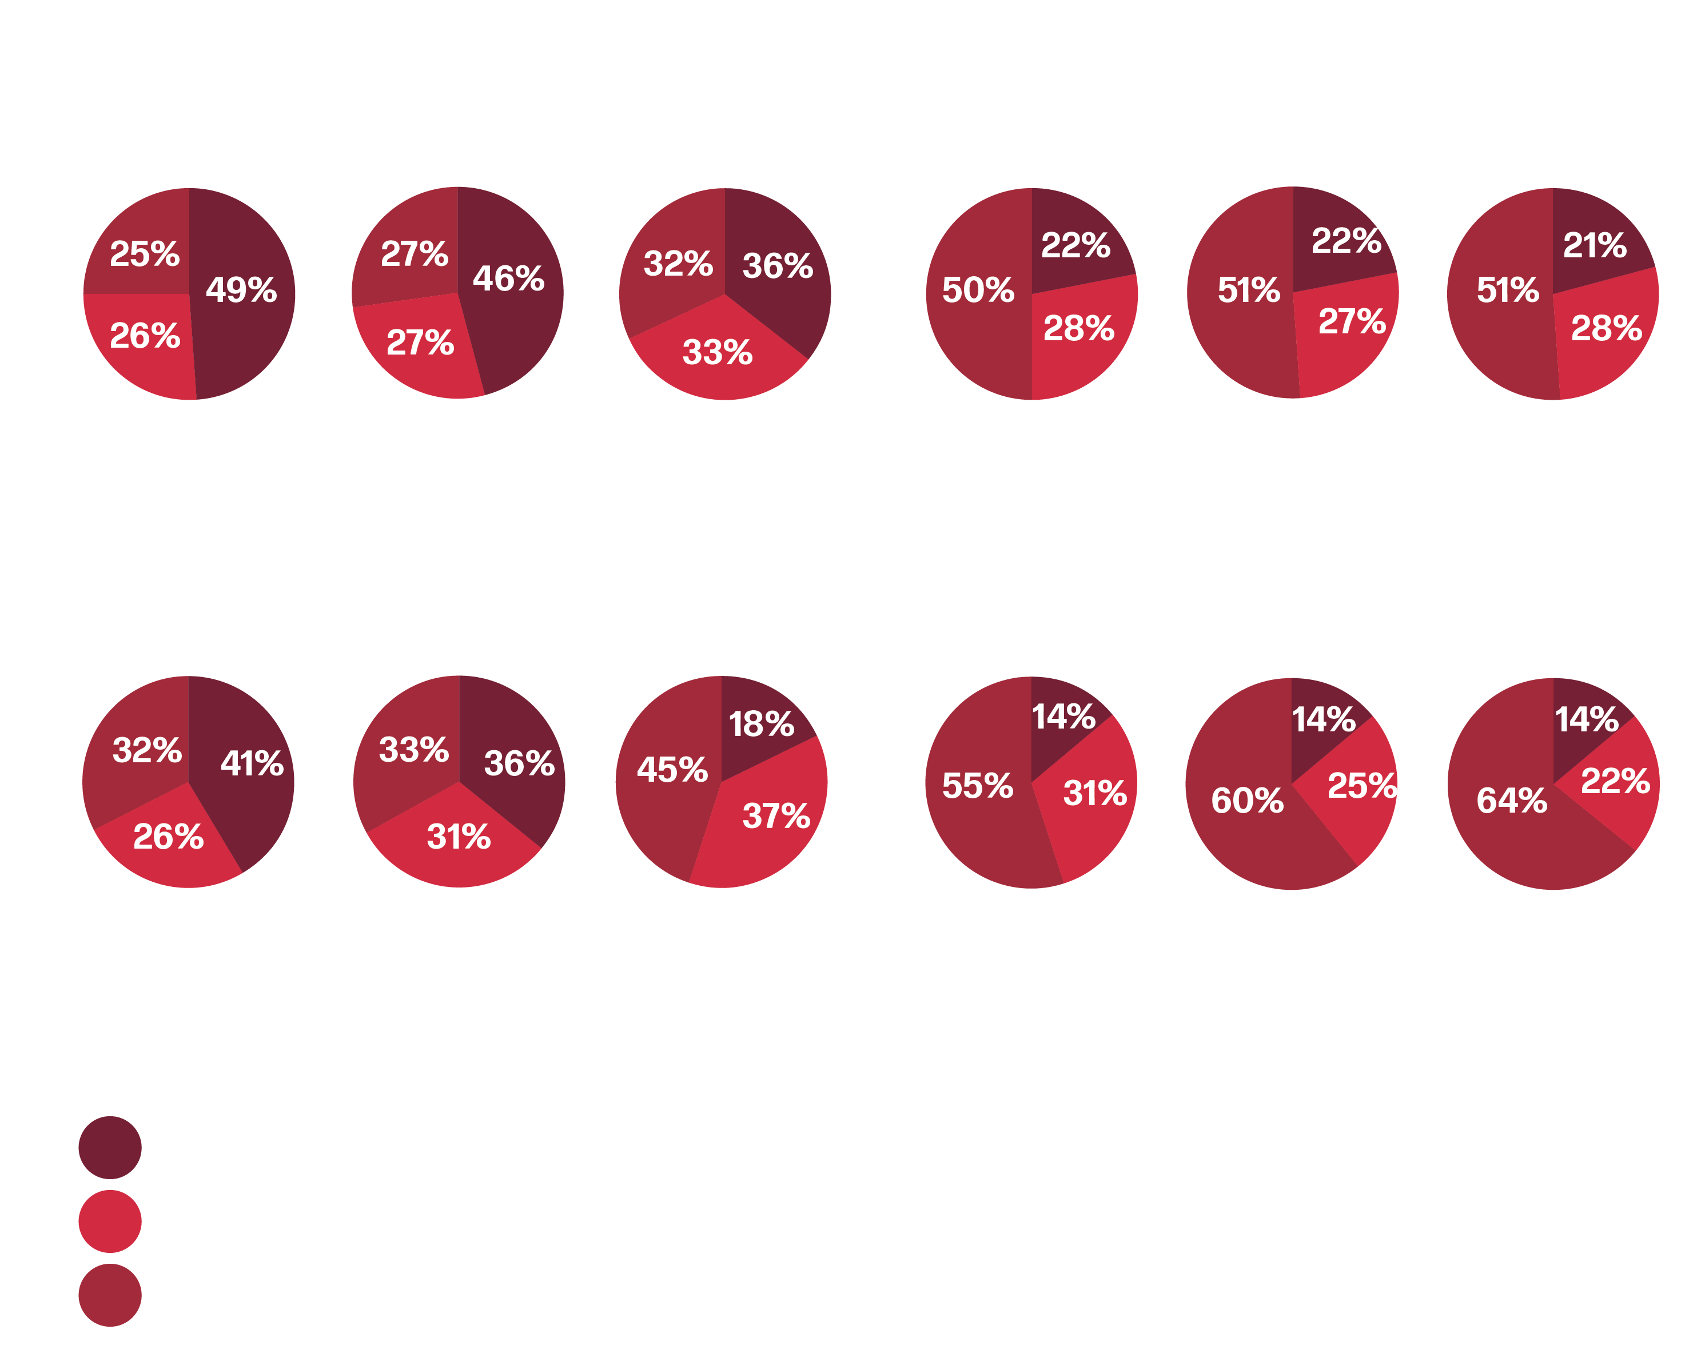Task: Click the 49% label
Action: coord(241,290)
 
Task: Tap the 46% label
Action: coord(509,278)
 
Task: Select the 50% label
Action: coord(978,290)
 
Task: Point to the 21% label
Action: coord(1595,245)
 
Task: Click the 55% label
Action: coord(978,786)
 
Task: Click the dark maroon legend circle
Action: coord(110,1147)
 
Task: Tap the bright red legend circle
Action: coord(110,1221)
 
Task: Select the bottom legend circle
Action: coord(110,1296)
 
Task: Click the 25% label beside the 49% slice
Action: coord(145,254)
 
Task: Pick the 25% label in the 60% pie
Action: coord(1362,786)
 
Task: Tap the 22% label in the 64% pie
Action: coord(1615,781)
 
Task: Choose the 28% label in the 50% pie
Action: coord(1078,328)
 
